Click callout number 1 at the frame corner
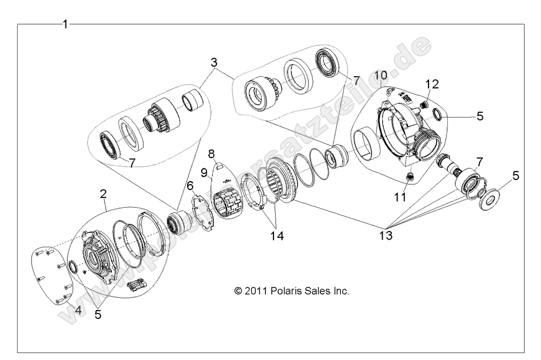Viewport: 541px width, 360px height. (x=65, y=24)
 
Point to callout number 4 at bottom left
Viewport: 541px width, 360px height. (x=78, y=310)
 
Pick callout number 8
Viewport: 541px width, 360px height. (x=211, y=154)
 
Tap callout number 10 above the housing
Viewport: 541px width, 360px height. (x=381, y=75)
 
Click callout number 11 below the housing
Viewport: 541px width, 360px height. (x=400, y=197)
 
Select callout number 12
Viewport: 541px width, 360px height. (x=433, y=84)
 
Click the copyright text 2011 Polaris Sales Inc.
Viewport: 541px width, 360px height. (x=291, y=291)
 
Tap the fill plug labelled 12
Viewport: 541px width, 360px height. (x=424, y=105)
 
